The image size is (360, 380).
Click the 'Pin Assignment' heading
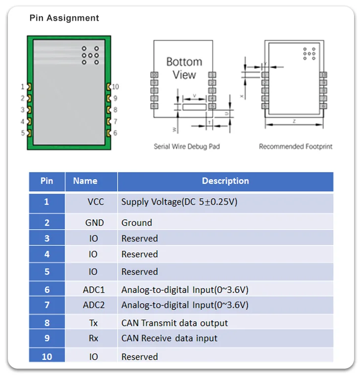[64, 18]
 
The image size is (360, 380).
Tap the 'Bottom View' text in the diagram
[184, 69]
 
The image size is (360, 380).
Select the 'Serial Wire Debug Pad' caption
[186, 146]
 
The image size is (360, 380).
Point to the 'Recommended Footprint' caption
[295, 146]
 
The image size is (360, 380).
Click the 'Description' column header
[225, 181]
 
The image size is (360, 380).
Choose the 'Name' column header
[85, 181]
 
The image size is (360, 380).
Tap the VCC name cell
[96, 202]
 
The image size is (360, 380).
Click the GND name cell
[94, 223]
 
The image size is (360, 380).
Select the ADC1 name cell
[94, 289]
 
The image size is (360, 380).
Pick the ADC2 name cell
[94, 305]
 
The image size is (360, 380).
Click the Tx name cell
[93, 323]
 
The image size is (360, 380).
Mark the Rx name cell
[93, 339]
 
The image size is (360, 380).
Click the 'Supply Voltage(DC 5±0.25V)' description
[180, 202]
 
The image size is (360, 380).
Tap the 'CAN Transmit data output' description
[175, 323]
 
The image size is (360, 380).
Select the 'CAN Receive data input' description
[169, 339]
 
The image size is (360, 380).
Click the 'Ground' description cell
[137, 223]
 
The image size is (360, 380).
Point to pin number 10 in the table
[47, 356]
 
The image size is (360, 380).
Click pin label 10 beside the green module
[115, 87]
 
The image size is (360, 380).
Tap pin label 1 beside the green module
[22, 87]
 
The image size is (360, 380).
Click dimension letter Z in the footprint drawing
[294, 121]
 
